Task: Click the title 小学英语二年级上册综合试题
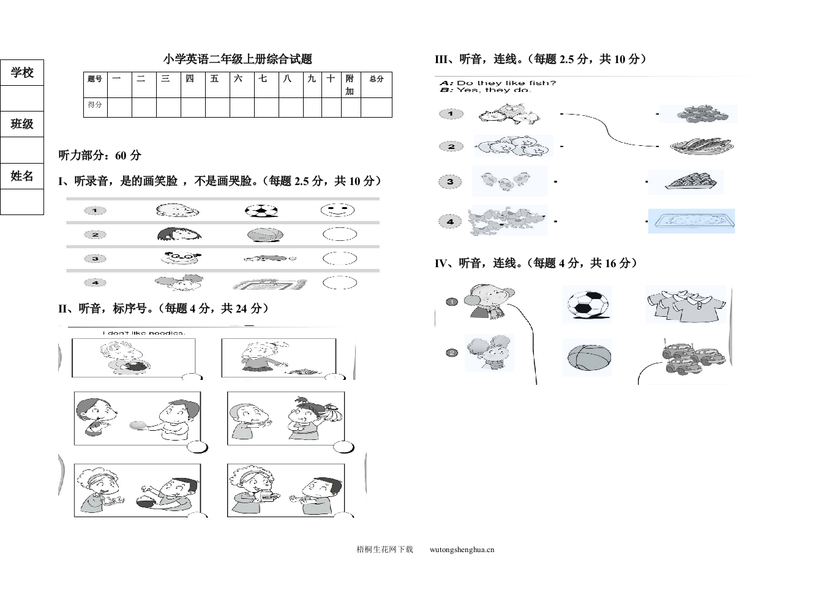point(238,59)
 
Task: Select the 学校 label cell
point(22,73)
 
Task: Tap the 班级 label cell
point(22,124)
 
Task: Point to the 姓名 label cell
point(22,176)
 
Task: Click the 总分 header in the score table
point(376,79)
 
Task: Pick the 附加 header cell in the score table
point(350,85)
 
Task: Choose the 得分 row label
point(95,105)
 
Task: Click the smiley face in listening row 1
point(337,210)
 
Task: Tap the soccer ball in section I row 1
point(261,211)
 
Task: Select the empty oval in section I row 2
point(339,235)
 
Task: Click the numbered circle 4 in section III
point(450,221)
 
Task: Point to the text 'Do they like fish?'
point(506,83)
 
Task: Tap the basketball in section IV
point(587,357)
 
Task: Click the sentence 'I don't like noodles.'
point(144,333)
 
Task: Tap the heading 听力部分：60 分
point(100,156)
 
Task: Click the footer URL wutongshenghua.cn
point(462,550)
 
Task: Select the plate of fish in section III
point(700,146)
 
